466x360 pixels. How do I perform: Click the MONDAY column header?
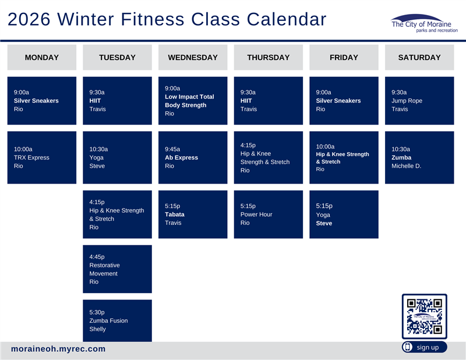[x=42, y=57]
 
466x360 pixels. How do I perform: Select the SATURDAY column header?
[x=419, y=57]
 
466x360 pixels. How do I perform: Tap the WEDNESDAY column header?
[x=193, y=57]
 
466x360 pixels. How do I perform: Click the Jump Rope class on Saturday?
[x=419, y=101]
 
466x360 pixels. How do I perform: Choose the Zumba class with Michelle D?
[x=419, y=157]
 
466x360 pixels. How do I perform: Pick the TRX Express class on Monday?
[x=42, y=157]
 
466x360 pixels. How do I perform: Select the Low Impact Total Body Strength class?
[x=193, y=101]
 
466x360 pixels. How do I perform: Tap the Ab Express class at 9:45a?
[x=193, y=157]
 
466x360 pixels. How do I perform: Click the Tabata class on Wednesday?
[x=193, y=214]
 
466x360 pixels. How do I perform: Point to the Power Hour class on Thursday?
[x=268, y=214]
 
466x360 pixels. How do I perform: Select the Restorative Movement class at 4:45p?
[x=117, y=269]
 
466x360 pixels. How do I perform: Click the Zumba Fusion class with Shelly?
[x=117, y=321]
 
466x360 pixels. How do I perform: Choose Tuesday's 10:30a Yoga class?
[x=117, y=157]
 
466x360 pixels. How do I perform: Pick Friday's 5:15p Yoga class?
[x=344, y=214]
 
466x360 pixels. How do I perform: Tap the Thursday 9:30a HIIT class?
[x=268, y=101]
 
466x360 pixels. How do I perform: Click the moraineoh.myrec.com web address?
[x=58, y=349]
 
